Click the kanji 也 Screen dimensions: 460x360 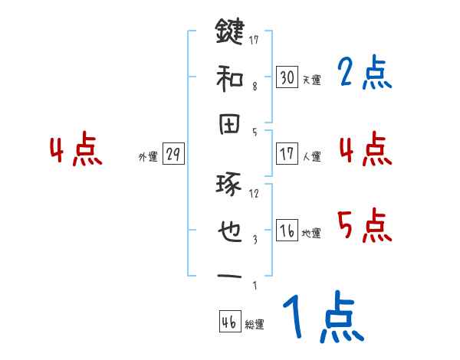coord(230,231)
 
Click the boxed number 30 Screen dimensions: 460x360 coord(287,77)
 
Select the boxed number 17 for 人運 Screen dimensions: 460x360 coord(287,154)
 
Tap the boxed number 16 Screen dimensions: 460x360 coord(287,231)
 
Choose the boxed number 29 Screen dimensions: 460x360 coord(172,155)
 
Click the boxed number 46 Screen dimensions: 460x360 coord(229,322)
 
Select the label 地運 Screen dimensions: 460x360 coord(311,234)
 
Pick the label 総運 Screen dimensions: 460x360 coord(255,325)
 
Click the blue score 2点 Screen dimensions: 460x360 coord(364,74)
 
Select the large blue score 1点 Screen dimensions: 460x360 coord(322,317)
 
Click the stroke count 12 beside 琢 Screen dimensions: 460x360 coord(255,192)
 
